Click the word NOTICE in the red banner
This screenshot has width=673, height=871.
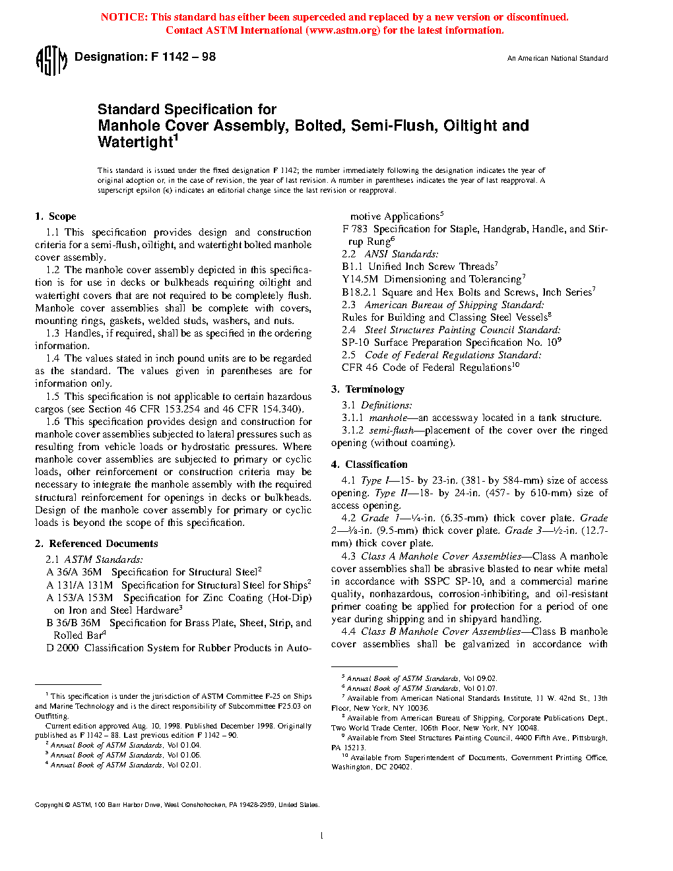pos(123,17)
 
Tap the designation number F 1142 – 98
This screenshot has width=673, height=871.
pos(183,57)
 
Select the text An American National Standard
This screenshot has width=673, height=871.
pos(558,59)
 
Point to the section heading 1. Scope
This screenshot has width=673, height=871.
pos(55,216)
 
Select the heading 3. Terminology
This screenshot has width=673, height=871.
pos(368,389)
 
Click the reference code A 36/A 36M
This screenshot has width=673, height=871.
pos(74,572)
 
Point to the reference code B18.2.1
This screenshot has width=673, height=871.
pos(359,292)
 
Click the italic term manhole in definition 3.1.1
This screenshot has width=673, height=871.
pos(388,418)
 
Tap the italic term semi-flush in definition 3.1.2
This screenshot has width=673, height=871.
pos(391,430)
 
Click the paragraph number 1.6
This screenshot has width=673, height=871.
pos(53,422)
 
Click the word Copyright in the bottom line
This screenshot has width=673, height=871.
pos(49,805)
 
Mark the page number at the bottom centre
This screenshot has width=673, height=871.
pos(321,836)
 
